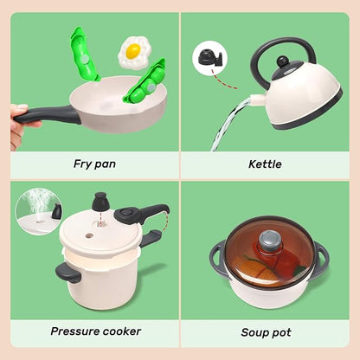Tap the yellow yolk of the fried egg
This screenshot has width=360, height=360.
tap(132, 51)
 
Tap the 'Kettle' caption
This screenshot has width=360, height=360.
tap(265, 162)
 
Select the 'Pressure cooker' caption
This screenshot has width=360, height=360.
tap(95, 331)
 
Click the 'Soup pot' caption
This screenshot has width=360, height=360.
tap(266, 331)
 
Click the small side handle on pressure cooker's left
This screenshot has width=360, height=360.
tap(67, 273)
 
